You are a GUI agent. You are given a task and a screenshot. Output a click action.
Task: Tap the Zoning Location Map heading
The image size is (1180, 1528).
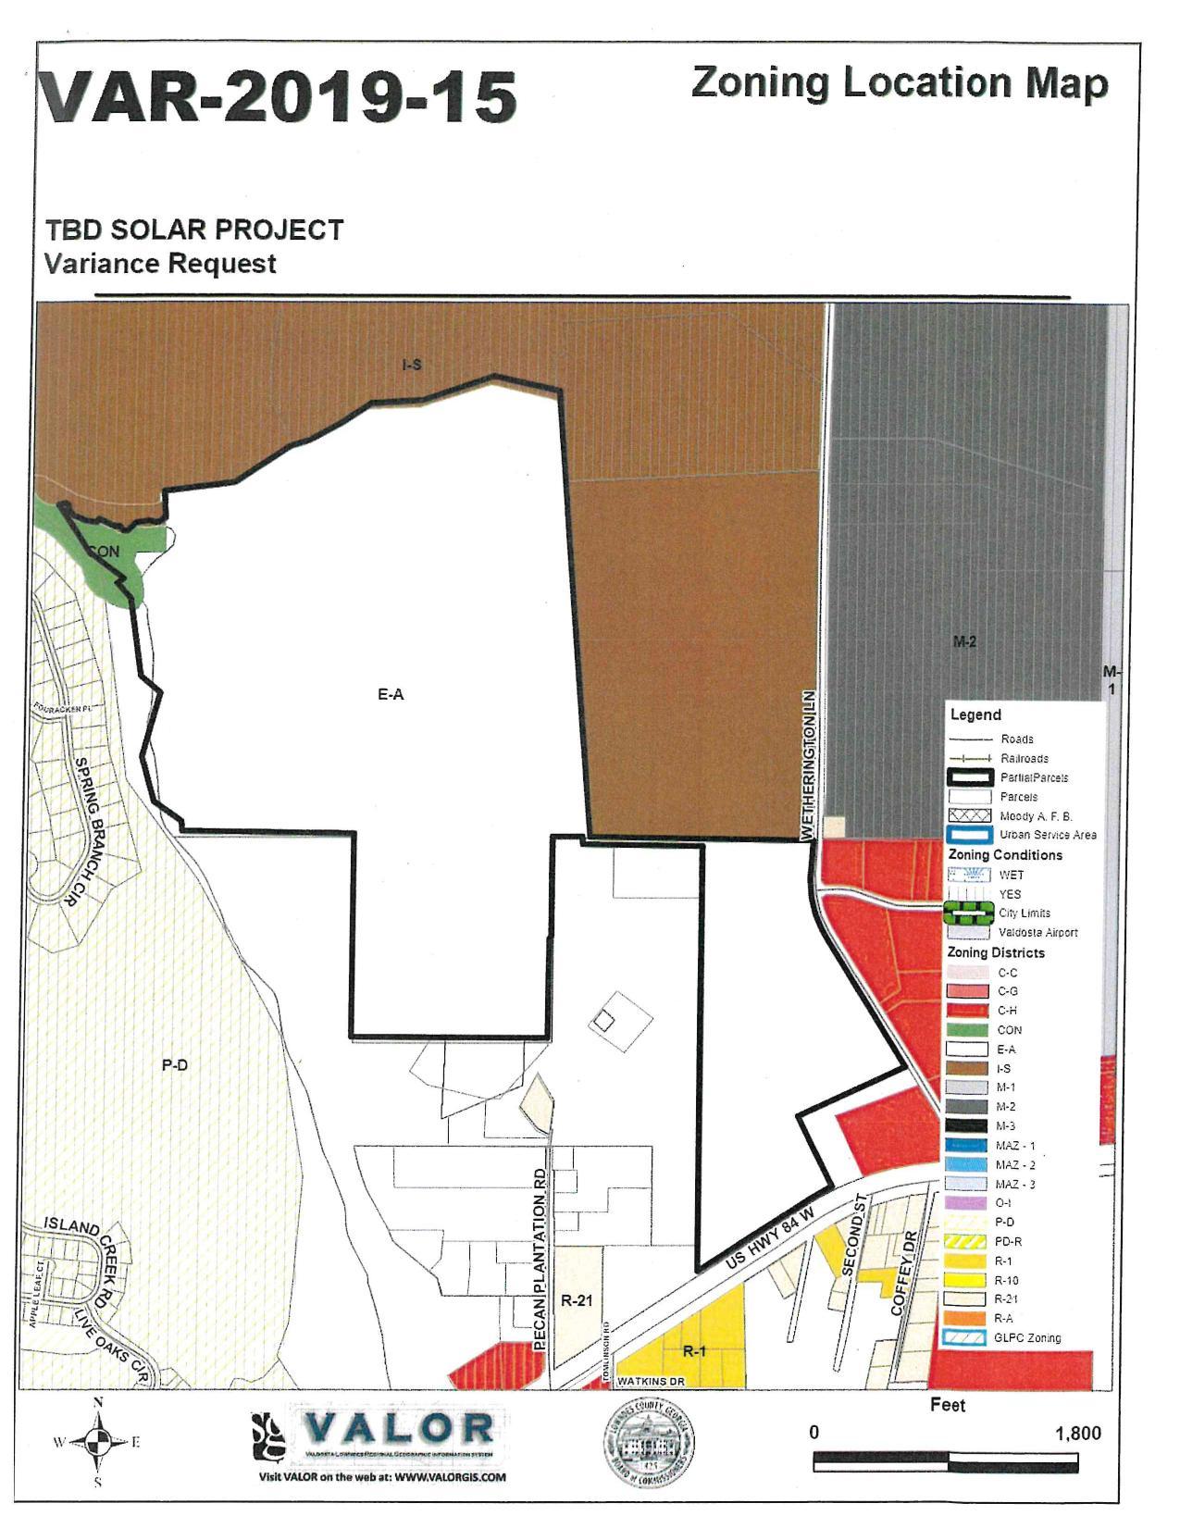[x=899, y=82]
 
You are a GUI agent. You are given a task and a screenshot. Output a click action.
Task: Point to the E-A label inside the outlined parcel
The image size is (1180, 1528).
[x=391, y=694]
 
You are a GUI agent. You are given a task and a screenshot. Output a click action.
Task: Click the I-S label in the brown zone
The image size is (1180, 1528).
[x=412, y=366]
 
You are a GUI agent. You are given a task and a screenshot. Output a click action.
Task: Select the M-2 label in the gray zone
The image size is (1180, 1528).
[x=965, y=641]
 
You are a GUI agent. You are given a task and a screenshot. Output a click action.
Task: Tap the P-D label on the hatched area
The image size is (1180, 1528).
[x=175, y=1065]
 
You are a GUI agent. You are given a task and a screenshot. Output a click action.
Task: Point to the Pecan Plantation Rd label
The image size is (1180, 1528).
[x=541, y=1258]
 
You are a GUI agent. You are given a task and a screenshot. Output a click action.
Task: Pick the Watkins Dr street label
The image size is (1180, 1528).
[x=650, y=1381]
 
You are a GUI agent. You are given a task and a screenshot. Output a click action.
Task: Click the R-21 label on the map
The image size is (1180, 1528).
[x=577, y=1300]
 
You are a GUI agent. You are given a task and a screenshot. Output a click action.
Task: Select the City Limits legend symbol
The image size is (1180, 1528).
[x=967, y=913]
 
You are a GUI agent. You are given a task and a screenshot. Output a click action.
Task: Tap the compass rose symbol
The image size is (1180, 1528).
[x=98, y=1441]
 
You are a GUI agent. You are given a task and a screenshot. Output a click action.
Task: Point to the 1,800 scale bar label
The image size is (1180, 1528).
[x=1078, y=1434]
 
